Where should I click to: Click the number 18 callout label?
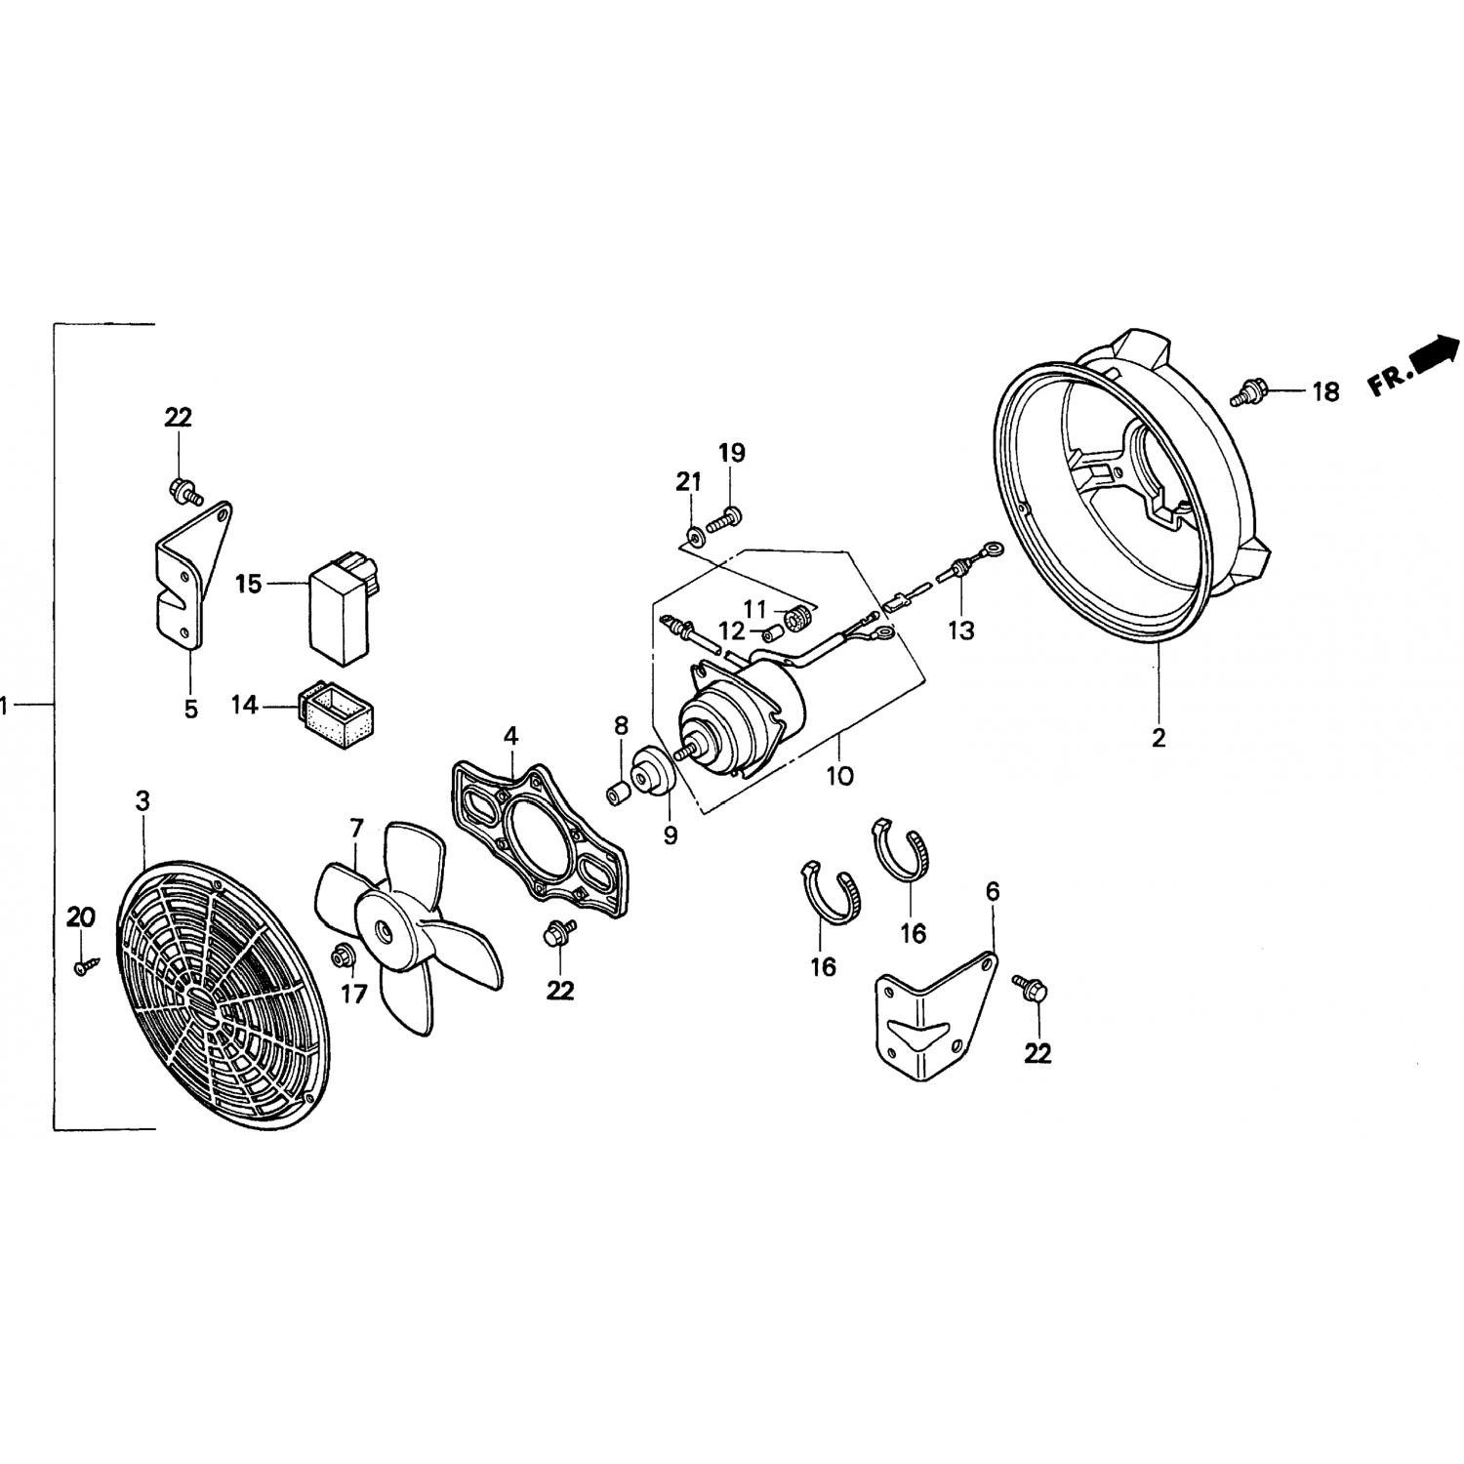(x=1325, y=392)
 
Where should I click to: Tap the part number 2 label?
(x=1159, y=738)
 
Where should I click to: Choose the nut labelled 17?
(x=343, y=956)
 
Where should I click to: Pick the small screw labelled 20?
(x=84, y=966)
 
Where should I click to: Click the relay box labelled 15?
(x=341, y=602)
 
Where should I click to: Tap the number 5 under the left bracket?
(x=190, y=710)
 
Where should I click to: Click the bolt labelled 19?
(x=724, y=516)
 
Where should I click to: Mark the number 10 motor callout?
(x=839, y=776)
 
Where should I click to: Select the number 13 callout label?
(x=961, y=630)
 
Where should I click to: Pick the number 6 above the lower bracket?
(x=993, y=891)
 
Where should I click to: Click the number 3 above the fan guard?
(x=142, y=802)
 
